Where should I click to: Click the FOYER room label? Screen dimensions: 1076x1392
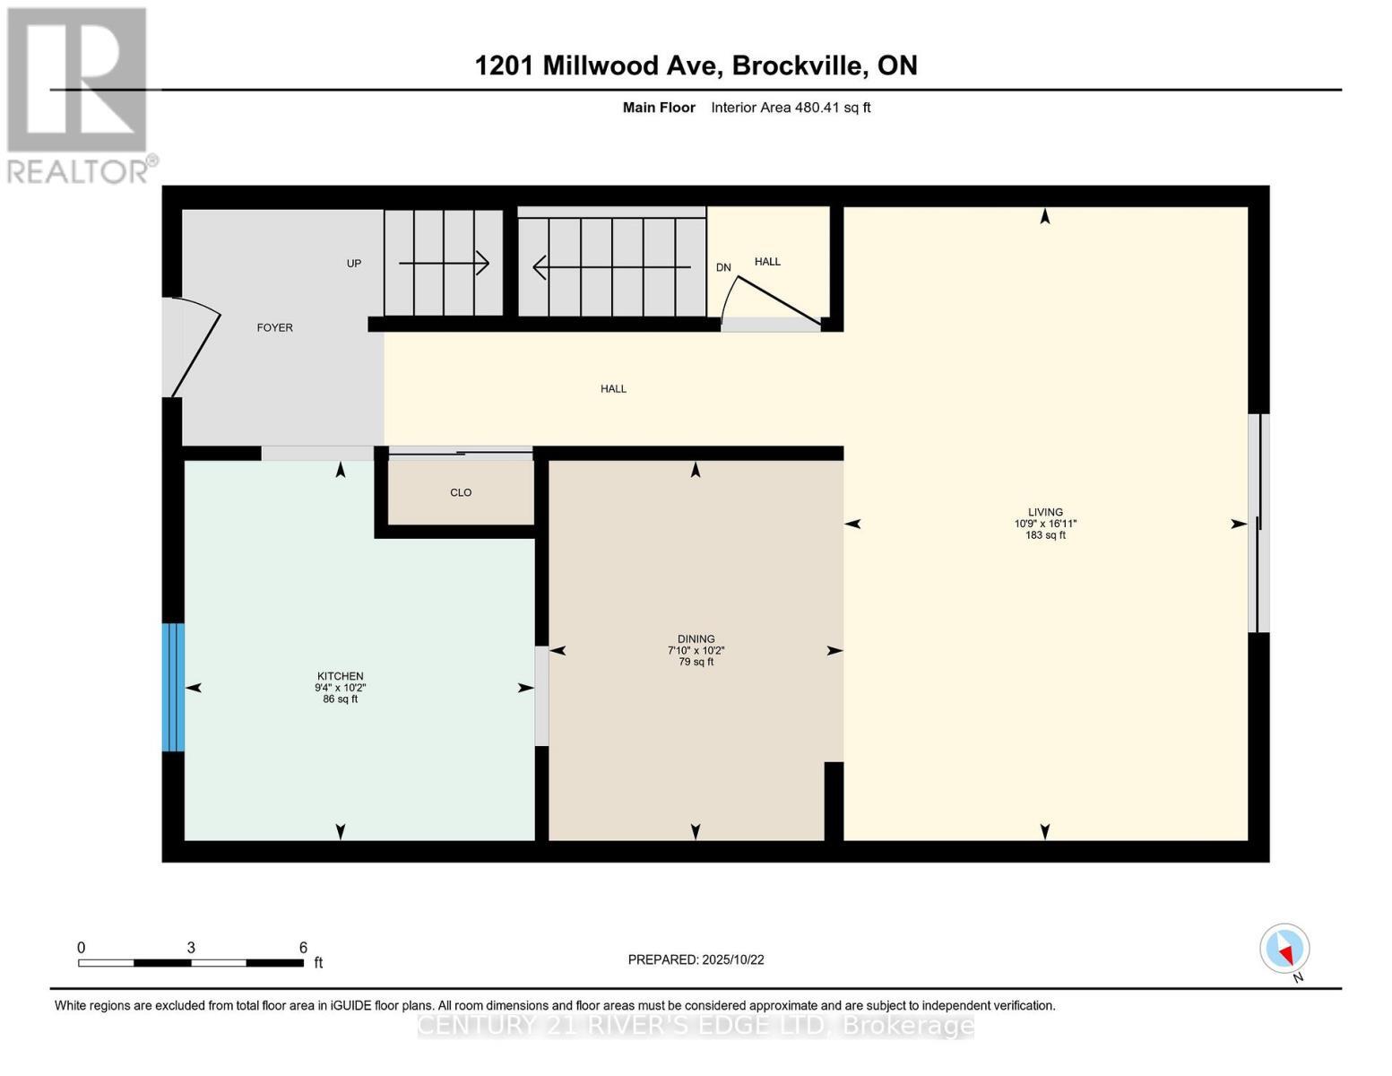[274, 328]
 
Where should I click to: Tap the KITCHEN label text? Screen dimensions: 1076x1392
[340, 676]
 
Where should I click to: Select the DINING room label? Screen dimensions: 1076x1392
[696, 639]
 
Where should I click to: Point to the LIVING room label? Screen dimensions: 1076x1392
[1045, 512]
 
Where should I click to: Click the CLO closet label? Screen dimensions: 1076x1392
[461, 493]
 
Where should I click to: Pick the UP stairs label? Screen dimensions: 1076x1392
[354, 264]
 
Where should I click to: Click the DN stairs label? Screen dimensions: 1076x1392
[723, 267]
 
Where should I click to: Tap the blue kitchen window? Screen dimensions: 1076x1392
[173, 687]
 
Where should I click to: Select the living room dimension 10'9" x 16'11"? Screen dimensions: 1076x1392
[1045, 524]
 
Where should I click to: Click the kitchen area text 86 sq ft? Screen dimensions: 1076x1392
[340, 699]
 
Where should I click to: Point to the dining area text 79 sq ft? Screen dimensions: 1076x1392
[696, 663]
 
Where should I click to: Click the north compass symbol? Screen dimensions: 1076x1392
[1284, 949]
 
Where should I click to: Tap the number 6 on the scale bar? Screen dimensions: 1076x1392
[303, 948]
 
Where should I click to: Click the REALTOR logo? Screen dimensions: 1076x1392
[78, 94]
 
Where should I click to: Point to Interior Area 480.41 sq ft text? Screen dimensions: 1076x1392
[791, 108]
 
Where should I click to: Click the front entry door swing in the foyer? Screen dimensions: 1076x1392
[195, 350]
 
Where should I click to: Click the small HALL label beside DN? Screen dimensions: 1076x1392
[767, 262]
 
